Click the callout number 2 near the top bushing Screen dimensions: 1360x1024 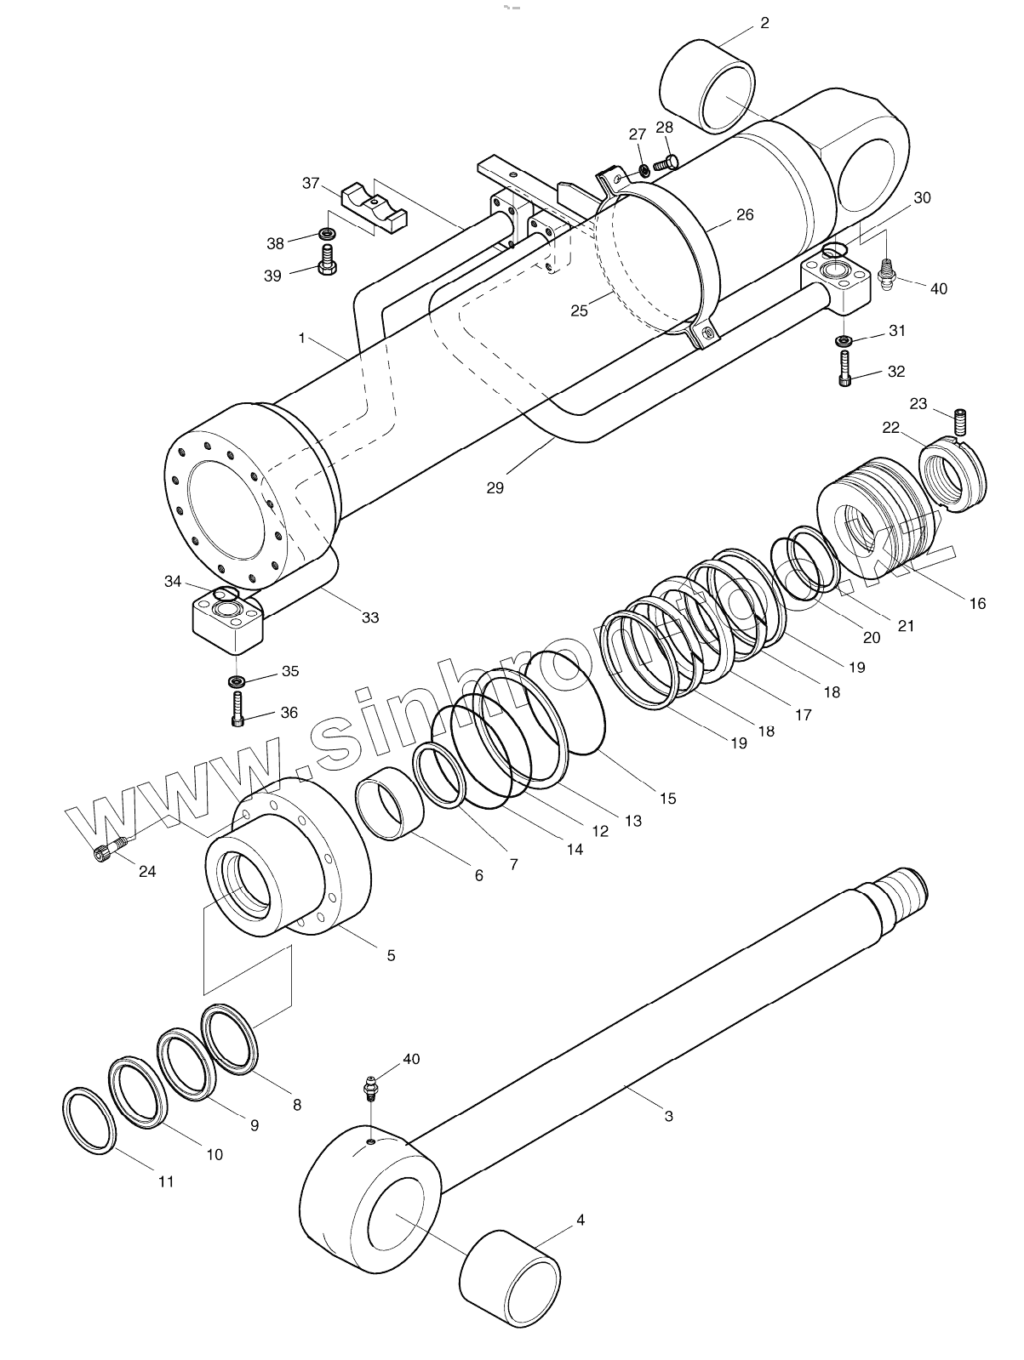[764, 23]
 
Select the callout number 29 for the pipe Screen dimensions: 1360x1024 [495, 487]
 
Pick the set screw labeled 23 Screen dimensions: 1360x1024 [961, 420]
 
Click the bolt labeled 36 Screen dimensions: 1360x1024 [238, 710]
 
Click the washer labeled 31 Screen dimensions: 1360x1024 [844, 341]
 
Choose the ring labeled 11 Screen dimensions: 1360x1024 [89, 1119]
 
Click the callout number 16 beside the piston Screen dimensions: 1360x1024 [977, 603]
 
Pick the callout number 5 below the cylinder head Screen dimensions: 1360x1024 [391, 955]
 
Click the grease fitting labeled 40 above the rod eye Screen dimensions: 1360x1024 [372, 1088]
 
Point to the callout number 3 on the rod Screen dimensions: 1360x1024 [668, 1116]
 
